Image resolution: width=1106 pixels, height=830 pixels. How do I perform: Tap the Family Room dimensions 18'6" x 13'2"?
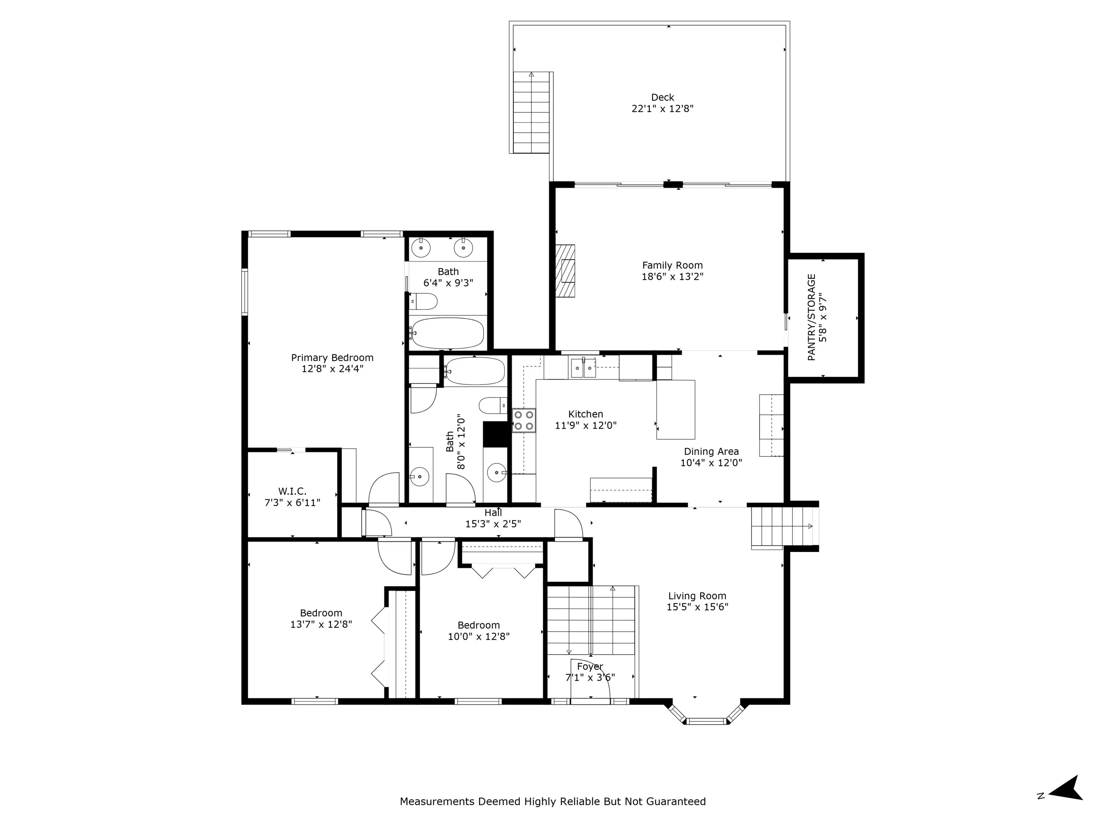(673, 277)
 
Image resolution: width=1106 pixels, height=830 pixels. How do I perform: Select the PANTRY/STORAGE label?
(811, 317)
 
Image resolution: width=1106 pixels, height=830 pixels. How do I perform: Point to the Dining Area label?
(711, 452)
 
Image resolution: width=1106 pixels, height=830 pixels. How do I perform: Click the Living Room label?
(697, 596)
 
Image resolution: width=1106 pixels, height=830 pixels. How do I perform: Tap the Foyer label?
(590, 667)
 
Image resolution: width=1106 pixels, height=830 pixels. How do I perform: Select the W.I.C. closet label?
(292, 491)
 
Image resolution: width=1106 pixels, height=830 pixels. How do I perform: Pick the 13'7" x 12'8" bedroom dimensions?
(321, 624)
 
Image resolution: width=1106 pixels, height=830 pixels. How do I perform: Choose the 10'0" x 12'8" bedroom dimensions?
(478, 637)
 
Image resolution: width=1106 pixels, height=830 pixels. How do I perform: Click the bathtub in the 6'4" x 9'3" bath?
(448, 333)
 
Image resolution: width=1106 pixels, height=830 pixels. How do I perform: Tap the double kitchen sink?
(584, 369)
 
